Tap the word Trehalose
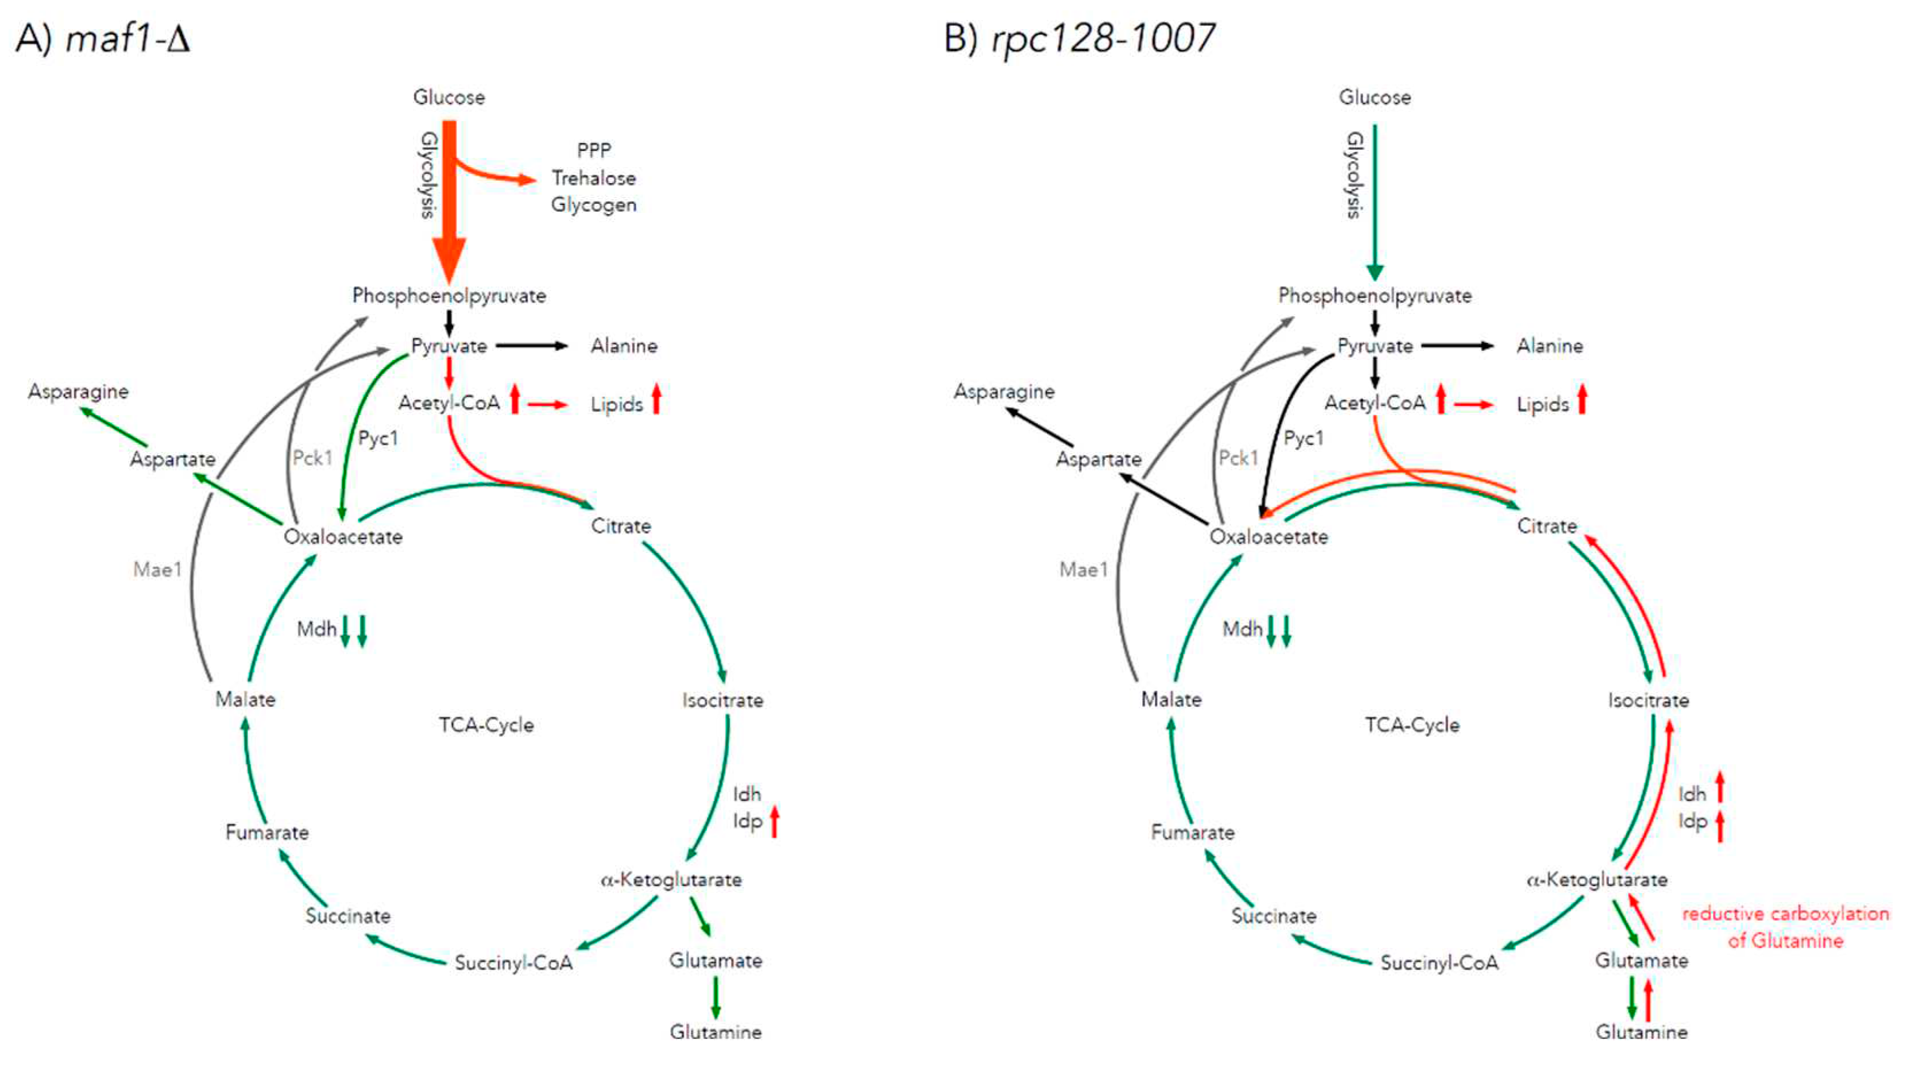[x=594, y=179]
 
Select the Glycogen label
[x=594, y=205]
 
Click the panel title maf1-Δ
[x=127, y=38]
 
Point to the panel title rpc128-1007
[x=1103, y=38]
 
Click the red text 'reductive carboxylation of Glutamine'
[x=1785, y=927]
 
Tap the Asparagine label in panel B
[x=1004, y=392]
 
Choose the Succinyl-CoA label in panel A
[x=513, y=963]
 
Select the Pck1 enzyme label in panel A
[x=312, y=458]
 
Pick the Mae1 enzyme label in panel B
[x=1083, y=569]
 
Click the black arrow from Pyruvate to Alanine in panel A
[x=531, y=346]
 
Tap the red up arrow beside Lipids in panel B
[x=1582, y=400]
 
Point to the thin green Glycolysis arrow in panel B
[x=1375, y=200]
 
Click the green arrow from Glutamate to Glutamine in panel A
[x=715, y=997]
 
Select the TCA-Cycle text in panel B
[x=1412, y=725]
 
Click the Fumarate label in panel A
[x=266, y=832]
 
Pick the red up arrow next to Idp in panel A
[x=775, y=822]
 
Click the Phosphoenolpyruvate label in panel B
[x=1375, y=296]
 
